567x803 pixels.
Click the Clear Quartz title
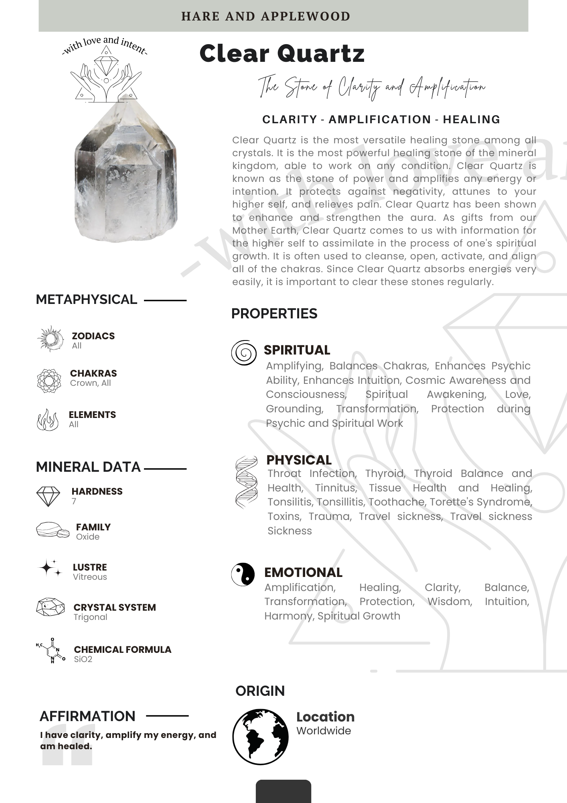(282, 53)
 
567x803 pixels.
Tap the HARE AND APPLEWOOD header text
(265, 16)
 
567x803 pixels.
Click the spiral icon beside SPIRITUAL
(243, 353)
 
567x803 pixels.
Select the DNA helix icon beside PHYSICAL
(246, 482)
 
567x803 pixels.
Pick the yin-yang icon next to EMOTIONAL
(243, 574)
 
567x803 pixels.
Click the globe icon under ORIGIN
(260, 736)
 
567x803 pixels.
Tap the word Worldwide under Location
(323, 731)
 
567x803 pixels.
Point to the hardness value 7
(74, 501)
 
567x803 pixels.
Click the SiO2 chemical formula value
(83, 659)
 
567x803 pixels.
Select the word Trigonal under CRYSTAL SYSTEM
(90, 617)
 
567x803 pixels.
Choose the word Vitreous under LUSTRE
(90, 577)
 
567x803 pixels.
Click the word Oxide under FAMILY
(87, 537)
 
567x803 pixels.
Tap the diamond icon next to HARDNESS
(48, 496)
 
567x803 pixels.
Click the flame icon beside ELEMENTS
(47, 420)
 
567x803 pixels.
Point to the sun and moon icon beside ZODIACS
(50, 339)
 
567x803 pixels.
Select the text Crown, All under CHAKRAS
(90, 383)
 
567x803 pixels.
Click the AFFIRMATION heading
(87, 716)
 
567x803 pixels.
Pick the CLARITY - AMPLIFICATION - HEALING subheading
(381, 120)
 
